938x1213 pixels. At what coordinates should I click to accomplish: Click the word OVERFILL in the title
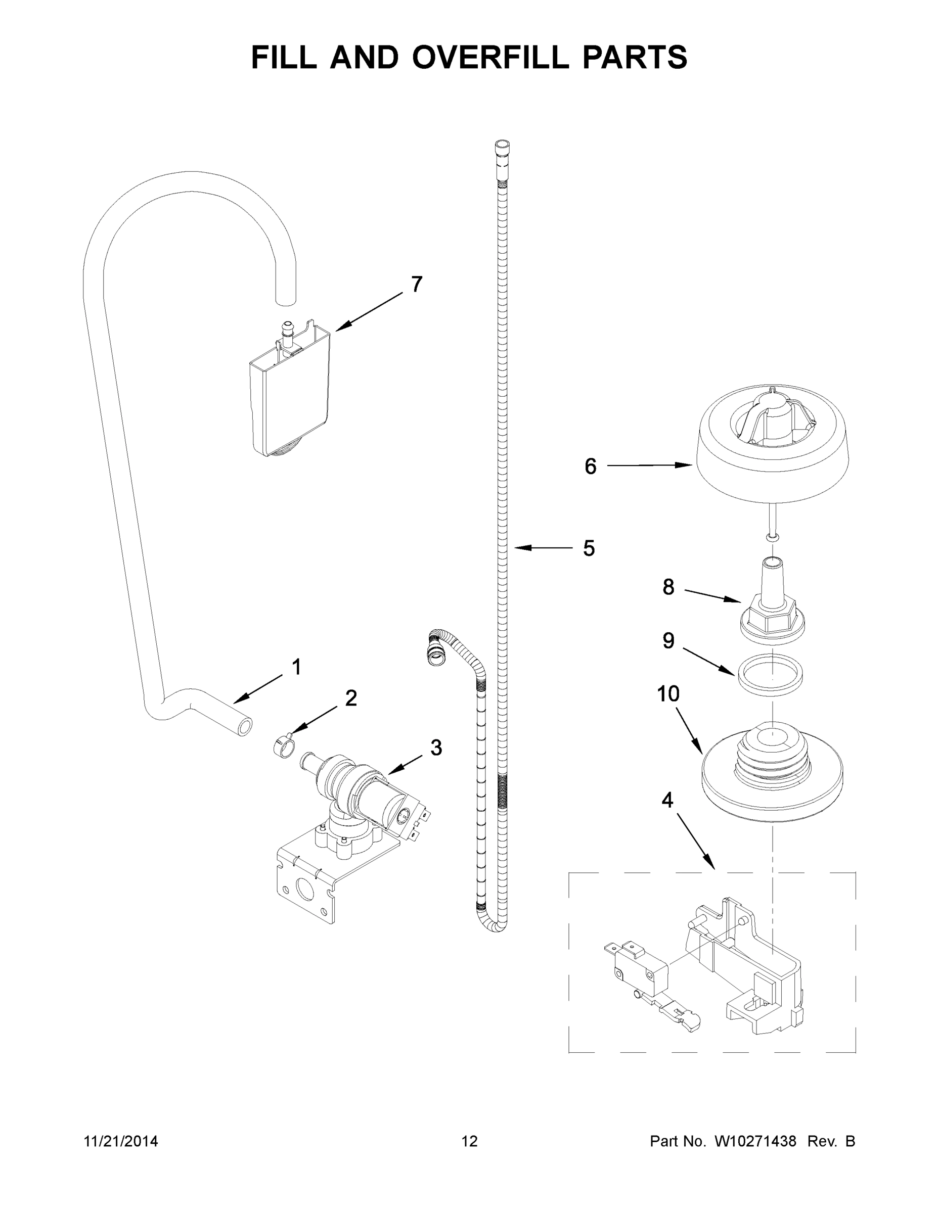(x=490, y=57)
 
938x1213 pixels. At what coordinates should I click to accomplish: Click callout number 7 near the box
(x=416, y=285)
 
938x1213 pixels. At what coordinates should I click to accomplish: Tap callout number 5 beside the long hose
(x=589, y=548)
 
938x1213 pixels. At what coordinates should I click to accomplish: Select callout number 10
(x=668, y=694)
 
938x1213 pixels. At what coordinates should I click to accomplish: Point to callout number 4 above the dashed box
(x=667, y=801)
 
